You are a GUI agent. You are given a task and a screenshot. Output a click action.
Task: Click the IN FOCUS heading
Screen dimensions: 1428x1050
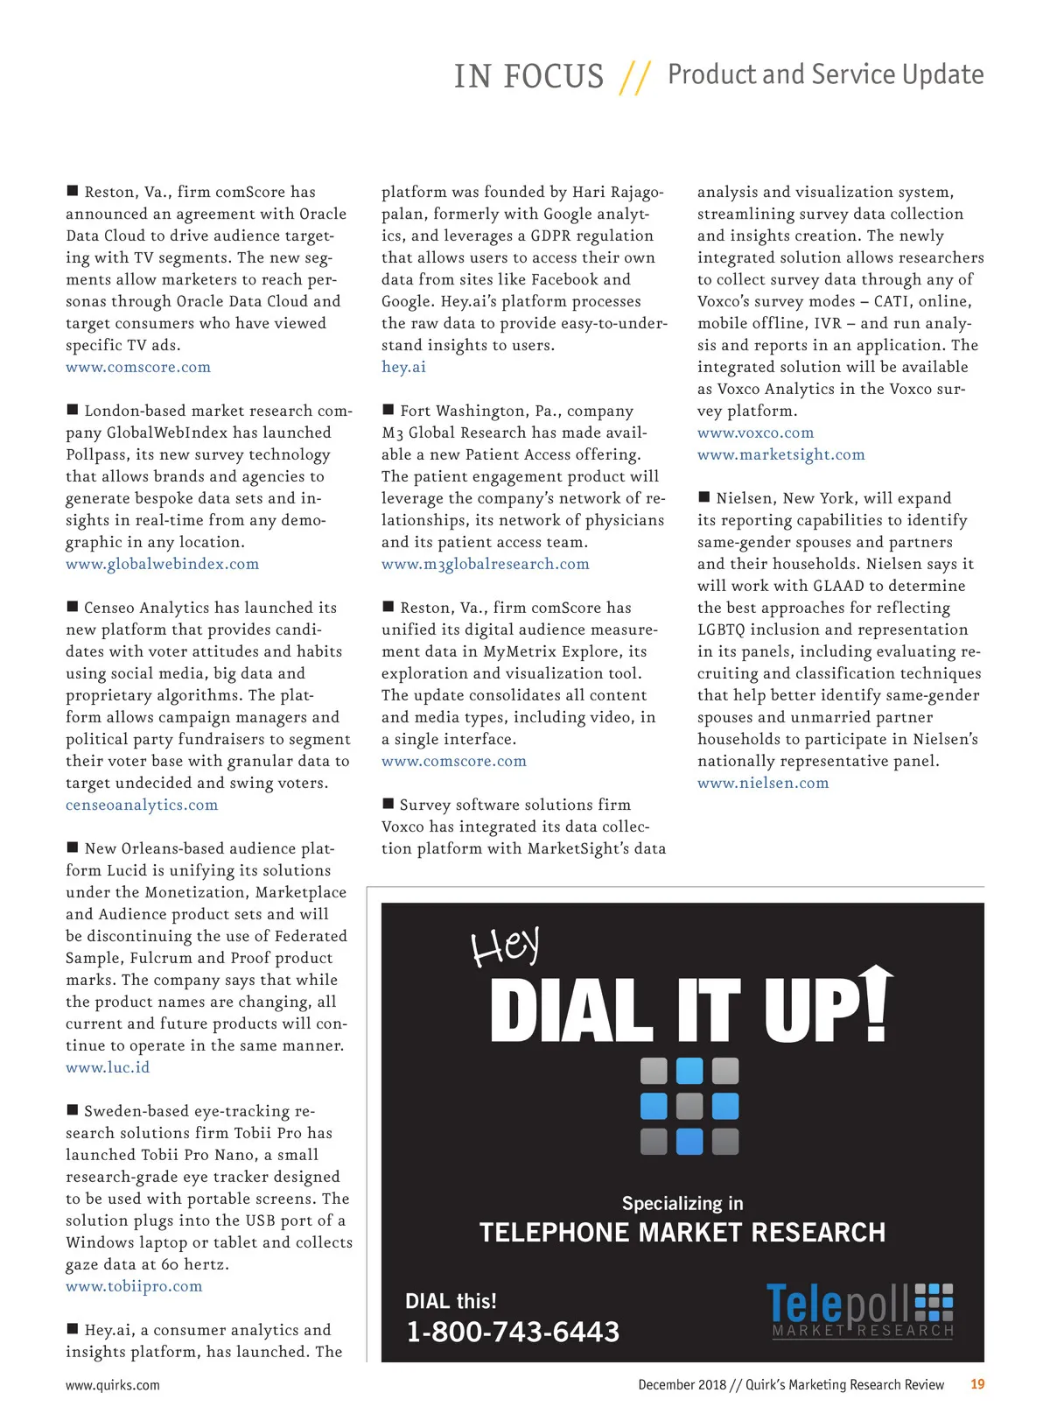pos(528,77)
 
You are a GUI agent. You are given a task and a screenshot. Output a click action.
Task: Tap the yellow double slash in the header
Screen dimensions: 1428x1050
pos(634,77)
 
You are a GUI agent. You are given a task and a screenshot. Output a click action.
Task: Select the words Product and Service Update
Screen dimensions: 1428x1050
pos(825,74)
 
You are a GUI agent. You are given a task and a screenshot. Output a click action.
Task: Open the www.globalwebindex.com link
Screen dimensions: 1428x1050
pos(162,564)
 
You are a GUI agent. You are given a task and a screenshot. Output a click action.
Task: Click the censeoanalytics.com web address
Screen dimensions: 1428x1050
pos(142,805)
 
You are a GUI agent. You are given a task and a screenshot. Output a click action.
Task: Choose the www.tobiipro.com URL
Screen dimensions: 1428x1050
pos(134,1286)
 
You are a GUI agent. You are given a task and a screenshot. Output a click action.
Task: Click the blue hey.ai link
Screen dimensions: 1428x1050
pos(403,367)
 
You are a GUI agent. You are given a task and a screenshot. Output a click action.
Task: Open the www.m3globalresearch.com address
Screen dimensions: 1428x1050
pos(485,564)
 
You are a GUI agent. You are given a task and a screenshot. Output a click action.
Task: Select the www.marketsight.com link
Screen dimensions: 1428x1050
pos(780,454)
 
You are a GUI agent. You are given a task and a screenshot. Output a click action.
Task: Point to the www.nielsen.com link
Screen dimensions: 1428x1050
pos(762,783)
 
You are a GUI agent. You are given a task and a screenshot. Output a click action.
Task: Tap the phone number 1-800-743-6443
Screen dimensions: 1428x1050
pos(513,1332)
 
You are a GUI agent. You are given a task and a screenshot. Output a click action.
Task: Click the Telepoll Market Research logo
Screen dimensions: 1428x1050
pos(859,1310)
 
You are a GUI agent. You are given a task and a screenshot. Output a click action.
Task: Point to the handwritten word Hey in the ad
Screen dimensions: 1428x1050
pos(505,946)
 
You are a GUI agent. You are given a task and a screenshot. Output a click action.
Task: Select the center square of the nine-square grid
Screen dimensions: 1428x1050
pos(689,1106)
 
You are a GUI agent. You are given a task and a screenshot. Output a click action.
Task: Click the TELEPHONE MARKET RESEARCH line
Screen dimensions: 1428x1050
pos(682,1233)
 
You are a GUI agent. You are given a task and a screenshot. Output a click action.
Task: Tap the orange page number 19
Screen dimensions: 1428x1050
pos(977,1384)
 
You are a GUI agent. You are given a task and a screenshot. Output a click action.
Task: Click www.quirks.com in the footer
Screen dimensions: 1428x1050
pos(113,1385)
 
